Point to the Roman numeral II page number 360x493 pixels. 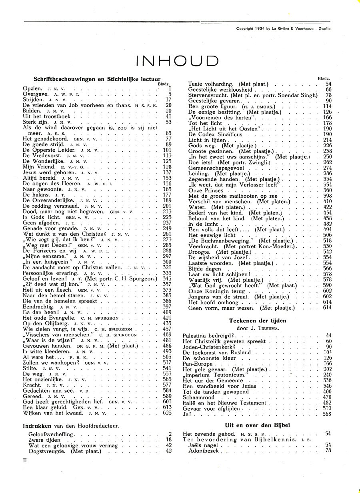click(x=25, y=460)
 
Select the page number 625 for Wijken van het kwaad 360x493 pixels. click(x=167, y=413)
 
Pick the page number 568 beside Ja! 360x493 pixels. click(x=327, y=414)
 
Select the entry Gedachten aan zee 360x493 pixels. click(x=46, y=390)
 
